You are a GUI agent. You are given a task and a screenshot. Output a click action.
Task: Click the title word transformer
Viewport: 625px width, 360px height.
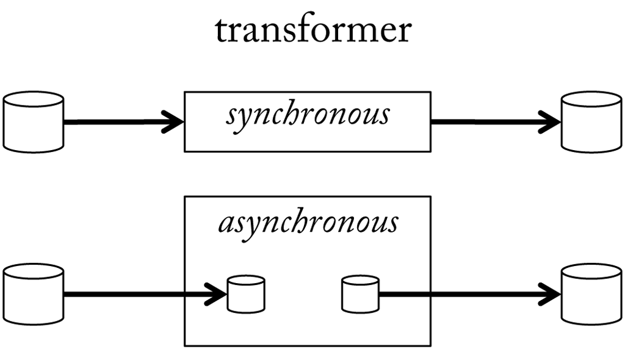coord(312,31)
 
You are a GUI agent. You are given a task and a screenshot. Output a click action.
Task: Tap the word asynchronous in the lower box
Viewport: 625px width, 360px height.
coord(308,223)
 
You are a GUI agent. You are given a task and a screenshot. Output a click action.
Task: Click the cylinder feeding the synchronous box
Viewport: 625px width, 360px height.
coord(34,121)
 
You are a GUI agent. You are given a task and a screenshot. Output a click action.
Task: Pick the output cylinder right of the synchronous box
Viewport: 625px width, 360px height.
coord(591,121)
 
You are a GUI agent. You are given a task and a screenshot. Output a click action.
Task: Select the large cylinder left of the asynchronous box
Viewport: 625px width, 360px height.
coord(34,294)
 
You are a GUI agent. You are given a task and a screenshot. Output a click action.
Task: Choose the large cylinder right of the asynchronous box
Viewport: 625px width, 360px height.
coord(591,294)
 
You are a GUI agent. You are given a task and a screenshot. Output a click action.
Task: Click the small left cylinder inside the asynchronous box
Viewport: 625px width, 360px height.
coord(245,294)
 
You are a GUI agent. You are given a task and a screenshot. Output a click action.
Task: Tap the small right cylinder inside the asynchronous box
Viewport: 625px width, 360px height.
coord(359,294)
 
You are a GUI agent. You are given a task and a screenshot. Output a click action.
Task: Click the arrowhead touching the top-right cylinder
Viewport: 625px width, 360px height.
coord(552,121)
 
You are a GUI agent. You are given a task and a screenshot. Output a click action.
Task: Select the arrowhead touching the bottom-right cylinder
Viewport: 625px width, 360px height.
coord(552,294)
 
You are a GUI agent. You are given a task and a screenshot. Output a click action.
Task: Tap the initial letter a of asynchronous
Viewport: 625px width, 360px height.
coord(225,225)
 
